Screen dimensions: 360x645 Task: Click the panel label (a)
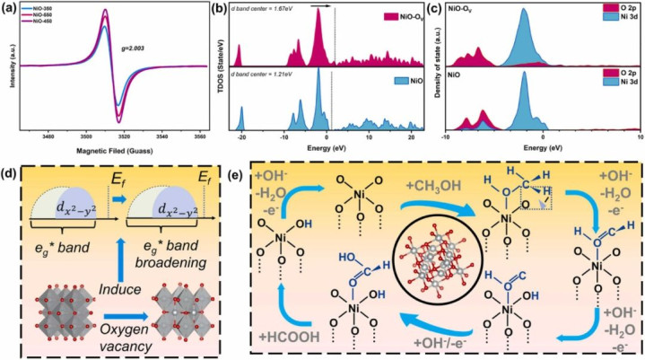pyautogui.click(x=10, y=9)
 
